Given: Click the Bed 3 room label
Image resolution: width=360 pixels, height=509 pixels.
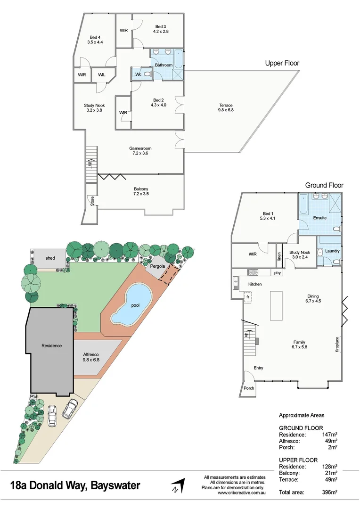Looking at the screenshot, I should pos(161,29).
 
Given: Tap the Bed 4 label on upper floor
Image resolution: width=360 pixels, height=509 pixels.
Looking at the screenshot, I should pos(95,40).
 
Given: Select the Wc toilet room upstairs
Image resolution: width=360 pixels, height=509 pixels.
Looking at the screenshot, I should pos(138,74).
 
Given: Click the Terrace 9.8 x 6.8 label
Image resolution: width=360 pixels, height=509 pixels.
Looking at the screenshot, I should pos(226,108).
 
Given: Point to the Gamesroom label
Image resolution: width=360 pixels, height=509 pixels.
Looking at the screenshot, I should pos(140,151).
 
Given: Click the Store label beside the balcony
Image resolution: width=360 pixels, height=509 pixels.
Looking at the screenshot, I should pos(92,201).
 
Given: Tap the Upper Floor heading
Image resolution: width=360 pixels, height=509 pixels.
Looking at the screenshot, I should pos(282,63).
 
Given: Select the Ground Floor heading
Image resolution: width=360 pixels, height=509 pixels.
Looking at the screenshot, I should pos(324,185).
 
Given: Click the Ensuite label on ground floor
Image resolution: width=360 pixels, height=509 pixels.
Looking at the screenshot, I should pos(320,218).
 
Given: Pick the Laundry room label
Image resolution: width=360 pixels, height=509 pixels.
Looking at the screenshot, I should pos(332,251).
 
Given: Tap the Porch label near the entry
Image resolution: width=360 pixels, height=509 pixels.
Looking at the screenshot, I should pos(248,388).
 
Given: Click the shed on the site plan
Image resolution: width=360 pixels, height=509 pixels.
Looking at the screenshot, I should pos(50,258).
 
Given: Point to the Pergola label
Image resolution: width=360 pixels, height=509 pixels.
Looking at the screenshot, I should pos(157,266).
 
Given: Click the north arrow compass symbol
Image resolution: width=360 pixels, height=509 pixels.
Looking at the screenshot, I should pos(178,486).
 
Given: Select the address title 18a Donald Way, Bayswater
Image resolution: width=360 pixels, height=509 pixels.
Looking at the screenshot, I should pos(75,485).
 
